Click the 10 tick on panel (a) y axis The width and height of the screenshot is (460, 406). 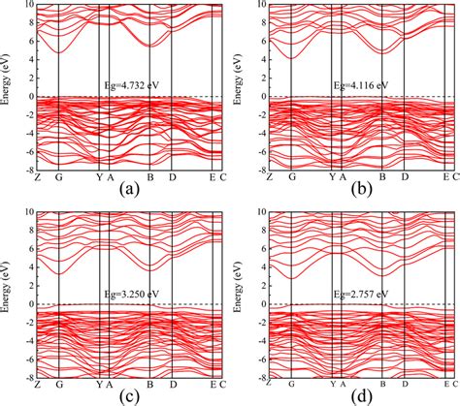[29, 5]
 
